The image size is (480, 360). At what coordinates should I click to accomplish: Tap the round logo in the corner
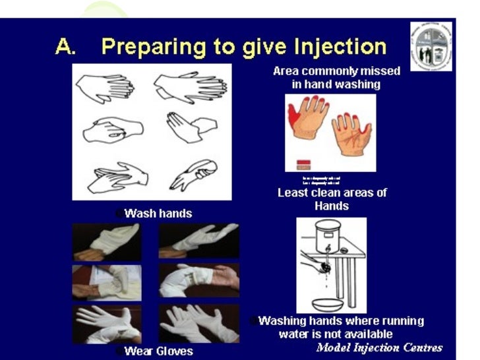(431, 45)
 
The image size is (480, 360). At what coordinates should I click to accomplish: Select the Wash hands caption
(158, 213)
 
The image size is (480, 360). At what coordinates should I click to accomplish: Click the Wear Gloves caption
(158, 351)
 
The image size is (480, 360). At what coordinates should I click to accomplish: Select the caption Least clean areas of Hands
(332, 199)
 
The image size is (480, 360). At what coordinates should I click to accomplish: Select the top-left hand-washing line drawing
(106, 85)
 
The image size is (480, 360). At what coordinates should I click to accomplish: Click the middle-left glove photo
(106, 282)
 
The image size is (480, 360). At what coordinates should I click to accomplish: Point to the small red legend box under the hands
(305, 162)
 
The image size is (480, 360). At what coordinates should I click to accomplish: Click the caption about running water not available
(340, 327)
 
